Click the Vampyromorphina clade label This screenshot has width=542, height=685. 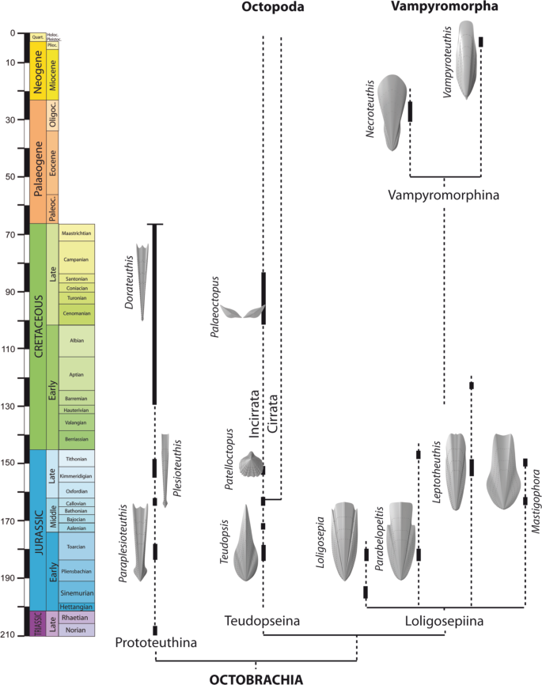click(444, 195)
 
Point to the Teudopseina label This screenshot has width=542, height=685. click(261, 621)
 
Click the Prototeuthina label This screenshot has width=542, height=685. click(155, 643)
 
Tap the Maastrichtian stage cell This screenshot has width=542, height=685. click(76, 233)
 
